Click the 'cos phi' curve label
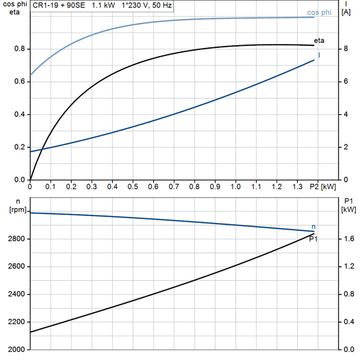coord(319,12)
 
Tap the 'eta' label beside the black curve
coord(319,41)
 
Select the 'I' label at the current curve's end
coord(319,55)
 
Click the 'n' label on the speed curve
coord(313,226)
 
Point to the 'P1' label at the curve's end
coord(313,238)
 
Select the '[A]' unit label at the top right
coord(345,12)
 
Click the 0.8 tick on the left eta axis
coord(19,49)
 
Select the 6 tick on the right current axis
coord(345,82)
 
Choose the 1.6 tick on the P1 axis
coord(348,239)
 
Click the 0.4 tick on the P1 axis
coord(348,322)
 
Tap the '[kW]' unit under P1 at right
coord(349,210)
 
